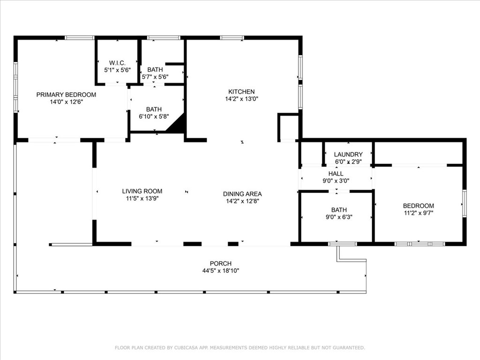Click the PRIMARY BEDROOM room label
click(x=66, y=95)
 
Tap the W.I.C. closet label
click(x=117, y=63)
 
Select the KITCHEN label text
click(x=241, y=91)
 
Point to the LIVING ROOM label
click(x=142, y=191)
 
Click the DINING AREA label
click(x=242, y=194)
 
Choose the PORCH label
click(x=221, y=263)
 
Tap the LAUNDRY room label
click(x=348, y=155)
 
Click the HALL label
click(x=336, y=173)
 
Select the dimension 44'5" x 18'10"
click(x=221, y=270)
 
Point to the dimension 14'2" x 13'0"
click(x=241, y=99)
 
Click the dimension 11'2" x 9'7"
click(x=419, y=213)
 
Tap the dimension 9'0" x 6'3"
click(x=339, y=217)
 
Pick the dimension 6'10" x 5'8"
click(x=154, y=116)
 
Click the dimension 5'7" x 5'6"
click(x=155, y=77)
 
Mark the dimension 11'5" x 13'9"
click(x=142, y=199)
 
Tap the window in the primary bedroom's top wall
click(x=80, y=37)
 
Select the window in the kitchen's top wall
click(x=232, y=37)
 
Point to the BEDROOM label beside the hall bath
click(x=419, y=206)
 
